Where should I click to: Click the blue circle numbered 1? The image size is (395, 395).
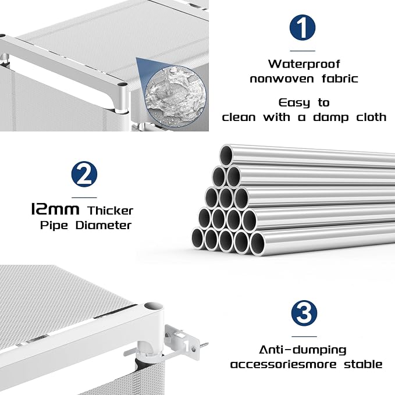click(303, 27)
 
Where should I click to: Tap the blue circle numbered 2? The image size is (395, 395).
click(84, 174)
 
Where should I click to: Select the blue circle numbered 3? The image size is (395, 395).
click(304, 313)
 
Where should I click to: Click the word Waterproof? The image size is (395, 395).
click(304, 64)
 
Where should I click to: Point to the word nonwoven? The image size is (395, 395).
click(282, 79)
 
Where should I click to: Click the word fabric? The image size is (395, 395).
click(340, 79)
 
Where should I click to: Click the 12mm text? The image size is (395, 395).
click(55, 209)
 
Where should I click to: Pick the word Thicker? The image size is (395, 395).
click(111, 211)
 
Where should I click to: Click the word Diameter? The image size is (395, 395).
click(104, 225)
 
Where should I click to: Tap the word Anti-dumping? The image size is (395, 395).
click(303, 350)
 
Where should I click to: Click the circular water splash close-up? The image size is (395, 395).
click(175, 96)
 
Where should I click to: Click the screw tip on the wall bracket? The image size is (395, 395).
click(208, 343)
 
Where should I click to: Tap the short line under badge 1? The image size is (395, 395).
click(303, 51)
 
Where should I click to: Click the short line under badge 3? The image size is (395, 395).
click(304, 336)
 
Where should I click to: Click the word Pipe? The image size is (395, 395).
click(54, 225)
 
